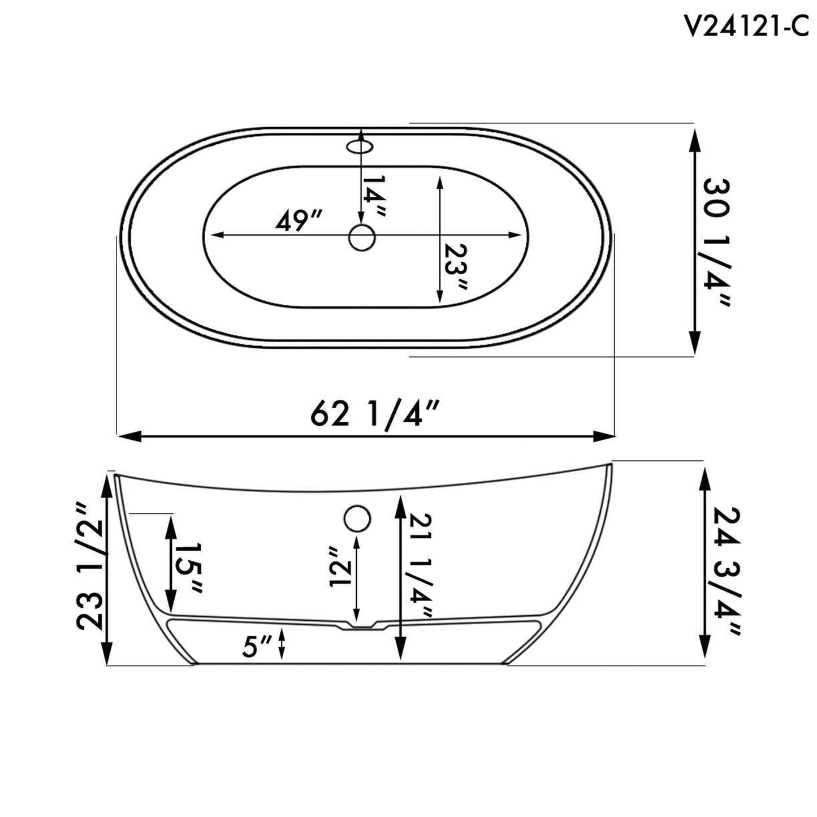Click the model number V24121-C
pyautogui.click(x=746, y=25)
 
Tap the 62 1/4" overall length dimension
pyautogui.click(x=375, y=414)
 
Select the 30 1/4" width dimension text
pyautogui.click(x=717, y=242)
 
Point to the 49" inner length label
pyautogui.click(x=299, y=220)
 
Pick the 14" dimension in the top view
pyautogui.click(x=374, y=195)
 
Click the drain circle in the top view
pyautogui.click(x=362, y=237)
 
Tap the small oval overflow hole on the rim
pyautogui.click(x=360, y=147)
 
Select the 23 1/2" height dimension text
pyautogui.click(x=90, y=566)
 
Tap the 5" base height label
pyautogui.click(x=257, y=646)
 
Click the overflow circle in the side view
pyautogui.click(x=357, y=518)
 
